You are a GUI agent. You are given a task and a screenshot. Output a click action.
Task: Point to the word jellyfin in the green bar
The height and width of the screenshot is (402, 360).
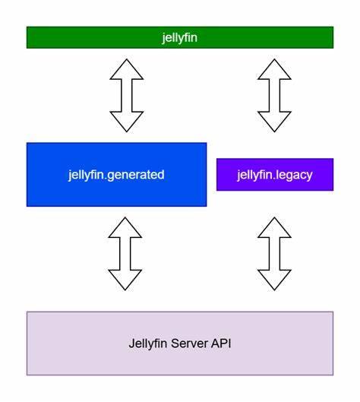pyautogui.click(x=179, y=37)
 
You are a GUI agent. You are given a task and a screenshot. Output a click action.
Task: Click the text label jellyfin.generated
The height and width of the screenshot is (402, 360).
pyautogui.click(x=116, y=175)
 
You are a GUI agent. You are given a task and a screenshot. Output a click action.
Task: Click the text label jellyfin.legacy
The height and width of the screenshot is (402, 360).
pyautogui.click(x=274, y=175)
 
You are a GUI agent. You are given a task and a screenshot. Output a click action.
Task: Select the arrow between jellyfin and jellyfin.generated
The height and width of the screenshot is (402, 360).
pyautogui.click(x=126, y=95)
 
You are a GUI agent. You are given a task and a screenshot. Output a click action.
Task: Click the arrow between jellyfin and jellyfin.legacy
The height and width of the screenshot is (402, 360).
pyautogui.click(x=274, y=95)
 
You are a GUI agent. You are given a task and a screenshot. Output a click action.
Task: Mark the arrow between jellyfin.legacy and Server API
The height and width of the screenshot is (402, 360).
pyautogui.click(x=274, y=253)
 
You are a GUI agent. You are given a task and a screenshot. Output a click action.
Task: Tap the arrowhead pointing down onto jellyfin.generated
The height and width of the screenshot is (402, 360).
pyautogui.click(x=126, y=122)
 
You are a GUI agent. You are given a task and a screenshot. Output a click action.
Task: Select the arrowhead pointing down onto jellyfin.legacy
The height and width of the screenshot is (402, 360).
pyautogui.click(x=274, y=122)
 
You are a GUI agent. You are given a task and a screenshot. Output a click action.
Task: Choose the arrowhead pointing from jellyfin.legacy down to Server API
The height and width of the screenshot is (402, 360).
pyautogui.click(x=274, y=280)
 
